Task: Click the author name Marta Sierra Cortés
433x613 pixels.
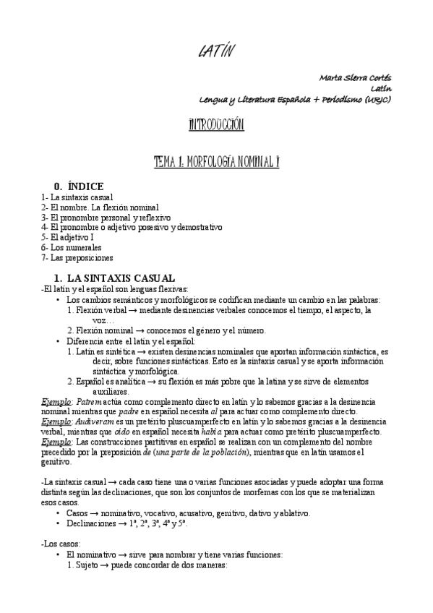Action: [x=355, y=77]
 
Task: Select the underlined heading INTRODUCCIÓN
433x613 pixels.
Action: [x=216, y=125]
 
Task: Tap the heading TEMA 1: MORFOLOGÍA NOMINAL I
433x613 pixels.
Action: [x=216, y=162]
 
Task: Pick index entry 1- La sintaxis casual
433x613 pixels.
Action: [x=77, y=197]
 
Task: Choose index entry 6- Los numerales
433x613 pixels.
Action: [x=72, y=247]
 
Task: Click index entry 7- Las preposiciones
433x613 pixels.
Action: [x=77, y=257]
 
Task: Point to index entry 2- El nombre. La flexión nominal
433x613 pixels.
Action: [x=100, y=207]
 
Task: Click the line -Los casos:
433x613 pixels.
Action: [x=62, y=543]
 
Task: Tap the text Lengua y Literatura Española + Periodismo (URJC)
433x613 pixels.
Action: [x=295, y=99]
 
